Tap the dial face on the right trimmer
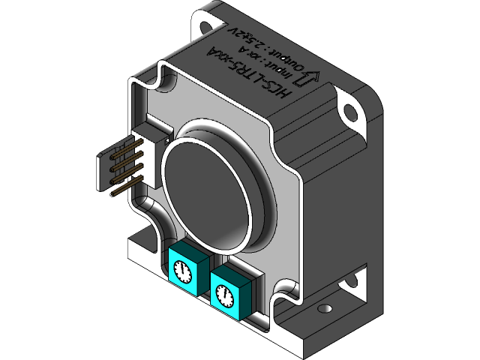(224, 295)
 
